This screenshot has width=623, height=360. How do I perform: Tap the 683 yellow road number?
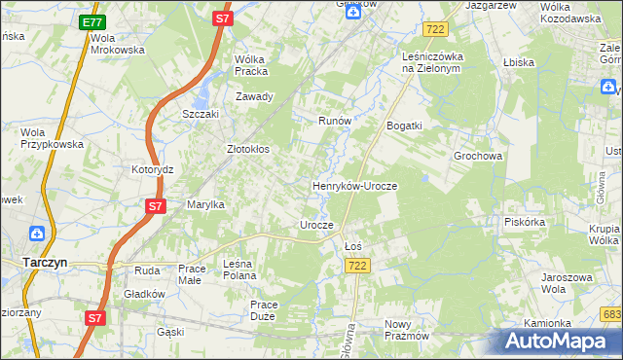(611, 314)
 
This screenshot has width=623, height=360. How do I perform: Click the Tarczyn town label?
(43, 262)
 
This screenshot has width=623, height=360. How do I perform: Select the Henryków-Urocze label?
(354, 185)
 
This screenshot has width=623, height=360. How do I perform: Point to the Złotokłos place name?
(247, 150)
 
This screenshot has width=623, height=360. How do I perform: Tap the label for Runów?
(334, 122)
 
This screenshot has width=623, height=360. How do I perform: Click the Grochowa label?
(477, 156)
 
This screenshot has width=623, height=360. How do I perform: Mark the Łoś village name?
(353, 246)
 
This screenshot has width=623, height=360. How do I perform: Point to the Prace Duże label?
(264, 310)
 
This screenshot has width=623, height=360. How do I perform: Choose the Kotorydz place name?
(152, 169)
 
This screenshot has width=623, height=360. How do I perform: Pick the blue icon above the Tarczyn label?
(36, 234)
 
